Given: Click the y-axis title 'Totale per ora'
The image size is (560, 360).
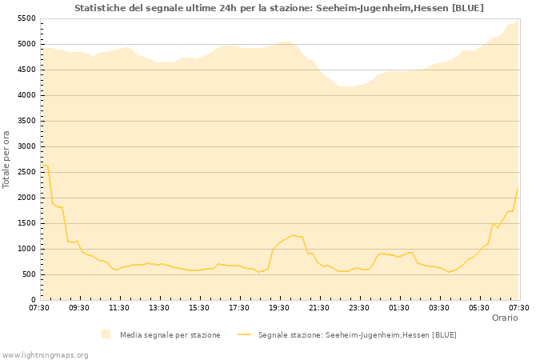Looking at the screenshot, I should coord(7,158).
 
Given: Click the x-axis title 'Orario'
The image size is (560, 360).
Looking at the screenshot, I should coord(504,318).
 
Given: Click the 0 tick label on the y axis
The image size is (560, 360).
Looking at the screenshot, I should coord(33,300).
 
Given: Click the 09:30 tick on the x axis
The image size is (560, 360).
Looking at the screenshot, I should coord(79,307).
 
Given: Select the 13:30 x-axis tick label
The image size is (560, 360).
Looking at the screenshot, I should coord(159,307).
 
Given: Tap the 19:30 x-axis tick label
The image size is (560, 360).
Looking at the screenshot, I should coord(279,307).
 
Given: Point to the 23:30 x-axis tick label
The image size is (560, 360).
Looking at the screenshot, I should coord(359,307).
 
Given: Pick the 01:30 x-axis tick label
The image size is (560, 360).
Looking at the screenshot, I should coord(399,307).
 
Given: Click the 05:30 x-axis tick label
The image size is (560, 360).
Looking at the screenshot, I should coord(479,307).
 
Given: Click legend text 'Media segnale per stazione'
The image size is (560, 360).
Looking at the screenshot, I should coord(170,334).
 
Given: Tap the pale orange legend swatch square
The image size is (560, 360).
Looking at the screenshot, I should coord(106,334).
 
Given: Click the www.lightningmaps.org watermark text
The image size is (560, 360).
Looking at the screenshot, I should coord(46,354).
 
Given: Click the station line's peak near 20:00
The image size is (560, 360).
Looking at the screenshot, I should coord(293,235).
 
